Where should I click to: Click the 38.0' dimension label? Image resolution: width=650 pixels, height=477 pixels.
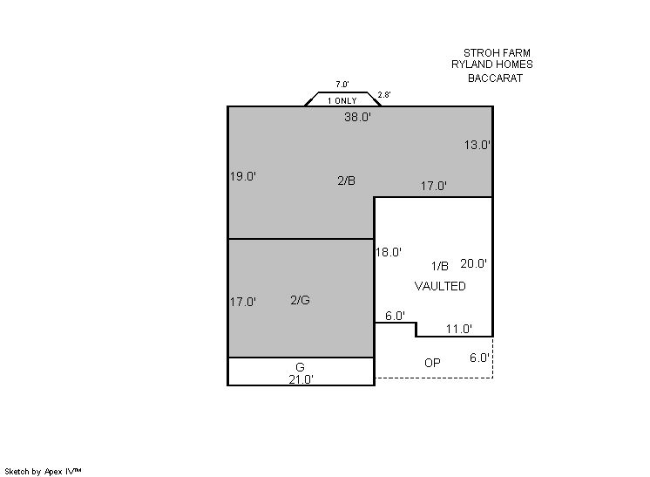click(x=357, y=117)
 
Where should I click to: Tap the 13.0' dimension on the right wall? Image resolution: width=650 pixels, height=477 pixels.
click(x=477, y=145)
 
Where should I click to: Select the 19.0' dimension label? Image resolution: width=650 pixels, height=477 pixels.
click(x=243, y=176)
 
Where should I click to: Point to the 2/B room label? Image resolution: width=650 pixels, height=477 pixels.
click(x=346, y=181)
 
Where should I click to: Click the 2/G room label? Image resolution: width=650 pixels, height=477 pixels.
click(x=300, y=300)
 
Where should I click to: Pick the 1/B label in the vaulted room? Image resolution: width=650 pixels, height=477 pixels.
click(x=440, y=266)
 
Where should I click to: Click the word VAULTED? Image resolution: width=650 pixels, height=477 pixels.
click(x=440, y=286)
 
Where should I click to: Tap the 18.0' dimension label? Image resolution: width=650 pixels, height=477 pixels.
click(x=389, y=252)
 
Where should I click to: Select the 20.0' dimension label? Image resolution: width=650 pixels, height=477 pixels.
click(x=473, y=263)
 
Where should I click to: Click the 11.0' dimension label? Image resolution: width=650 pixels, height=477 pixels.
click(x=459, y=329)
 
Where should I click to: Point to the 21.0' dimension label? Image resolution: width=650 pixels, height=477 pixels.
click(x=301, y=379)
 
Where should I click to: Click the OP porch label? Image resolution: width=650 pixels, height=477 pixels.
click(x=432, y=363)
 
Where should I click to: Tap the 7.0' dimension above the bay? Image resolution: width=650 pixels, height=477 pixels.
click(x=342, y=85)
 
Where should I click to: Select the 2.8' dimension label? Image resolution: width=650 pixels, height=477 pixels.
click(x=384, y=94)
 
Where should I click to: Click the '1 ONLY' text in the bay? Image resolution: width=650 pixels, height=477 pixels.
click(x=342, y=101)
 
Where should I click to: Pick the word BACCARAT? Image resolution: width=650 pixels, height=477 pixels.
click(x=496, y=78)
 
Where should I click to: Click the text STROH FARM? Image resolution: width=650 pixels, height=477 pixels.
click(x=497, y=52)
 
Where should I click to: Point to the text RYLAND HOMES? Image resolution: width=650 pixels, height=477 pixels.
click(x=492, y=65)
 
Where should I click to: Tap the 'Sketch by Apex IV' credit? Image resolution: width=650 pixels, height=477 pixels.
click(x=43, y=471)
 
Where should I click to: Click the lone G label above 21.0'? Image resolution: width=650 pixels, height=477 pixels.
click(x=300, y=367)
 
